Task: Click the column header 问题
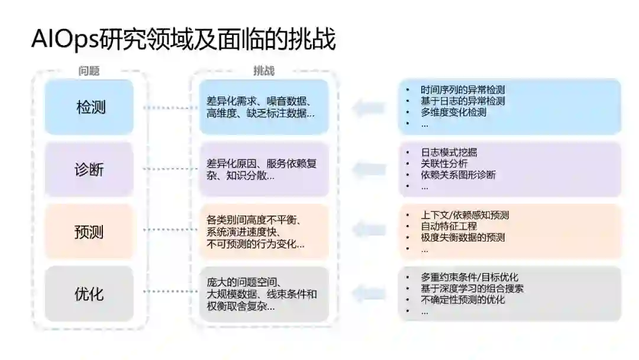click(89, 71)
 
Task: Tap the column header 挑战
click(264, 71)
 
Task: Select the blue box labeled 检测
click(89, 107)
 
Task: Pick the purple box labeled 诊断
click(89, 169)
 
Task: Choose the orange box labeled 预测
click(89, 232)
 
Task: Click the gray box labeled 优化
click(89, 293)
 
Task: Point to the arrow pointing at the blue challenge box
click(367, 107)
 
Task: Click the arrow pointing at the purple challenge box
click(367, 169)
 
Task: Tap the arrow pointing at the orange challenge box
click(367, 232)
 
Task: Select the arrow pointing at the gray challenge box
click(367, 293)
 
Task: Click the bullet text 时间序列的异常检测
click(463, 90)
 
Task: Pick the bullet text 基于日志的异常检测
click(463, 101)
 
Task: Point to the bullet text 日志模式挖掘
click(448, 152)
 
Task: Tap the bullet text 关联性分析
click(444, 163)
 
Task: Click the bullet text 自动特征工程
click(448, 226)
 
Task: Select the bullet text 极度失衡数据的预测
click(463, 237)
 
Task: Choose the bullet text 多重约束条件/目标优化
click(470, 277)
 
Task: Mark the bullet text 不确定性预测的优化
click(463, 300)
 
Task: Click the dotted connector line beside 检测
click(169, 108)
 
